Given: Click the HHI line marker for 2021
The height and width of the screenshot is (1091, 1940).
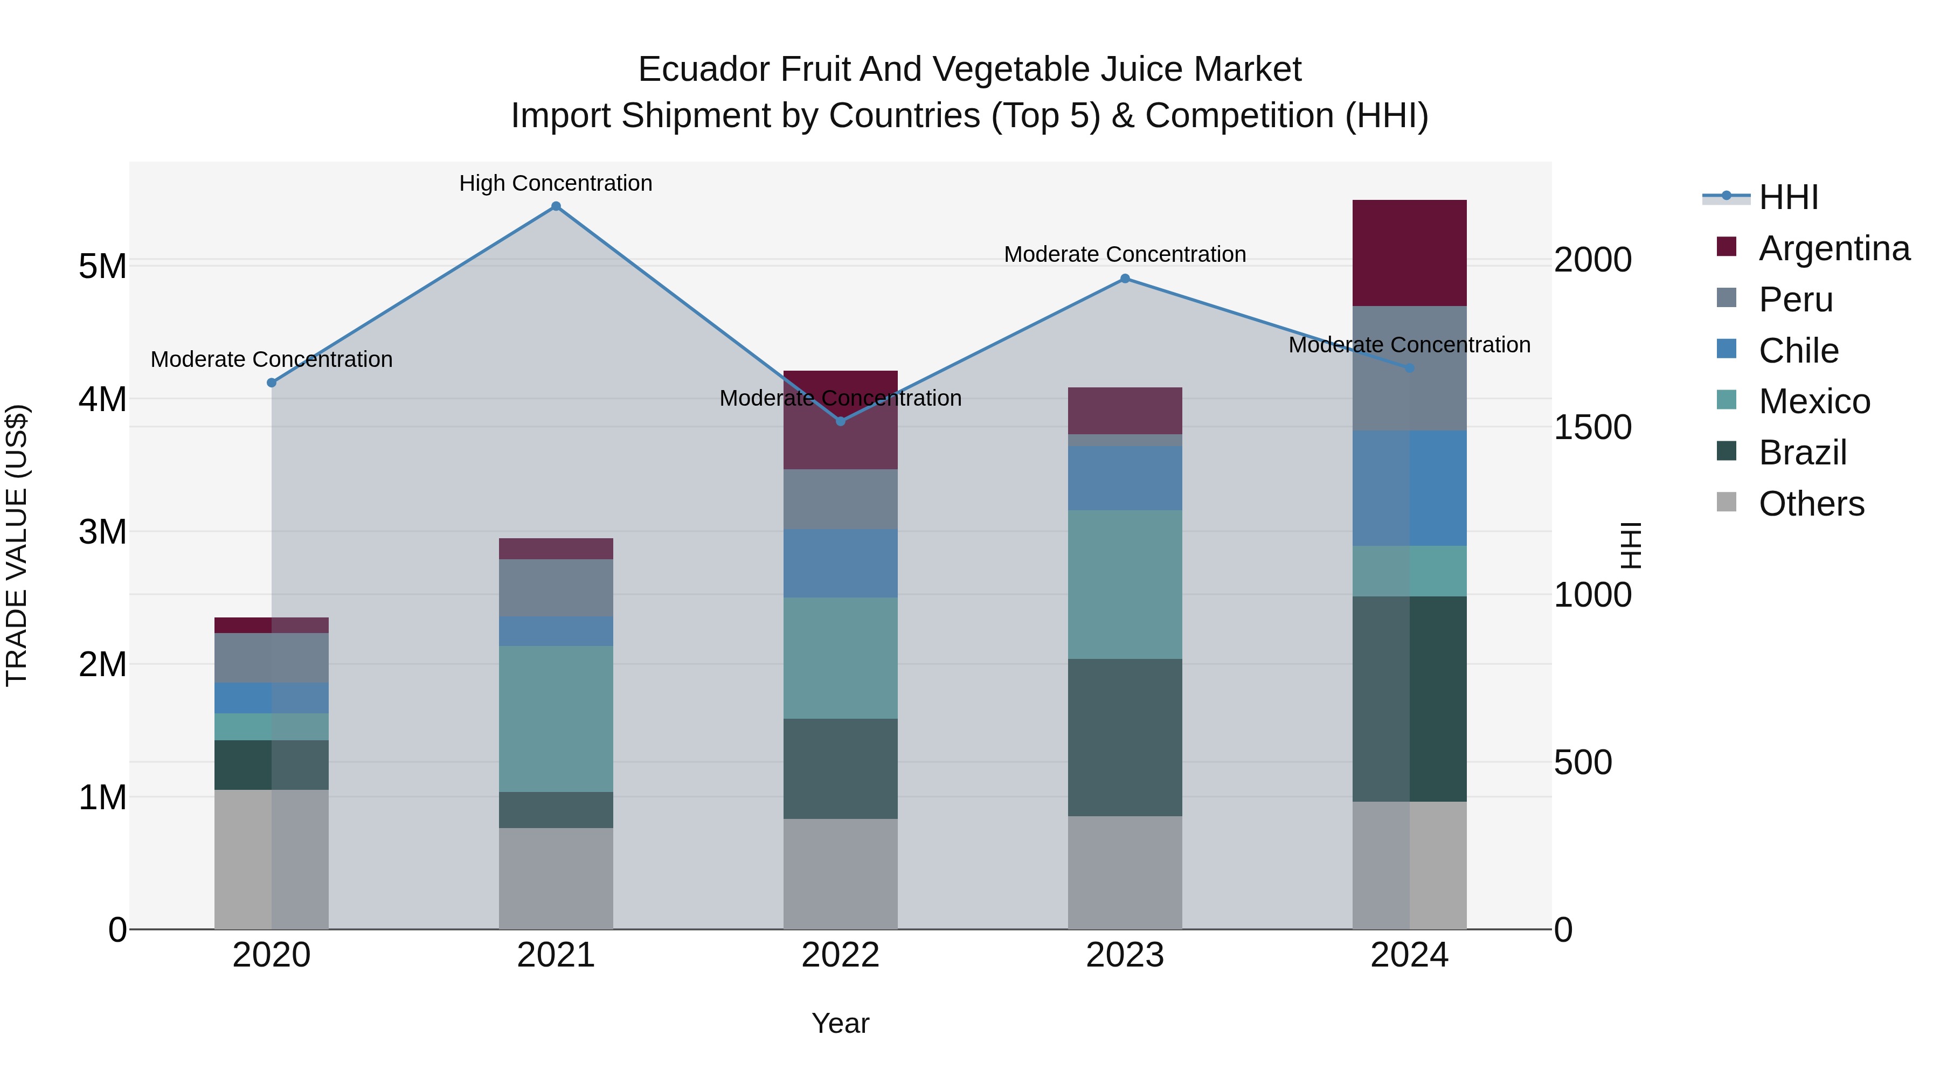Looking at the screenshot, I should click(x=556, y=206).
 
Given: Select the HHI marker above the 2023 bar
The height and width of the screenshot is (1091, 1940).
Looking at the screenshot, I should click(x=1125, y=279).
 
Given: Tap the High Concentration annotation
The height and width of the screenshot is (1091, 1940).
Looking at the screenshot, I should click(x=556, y=183).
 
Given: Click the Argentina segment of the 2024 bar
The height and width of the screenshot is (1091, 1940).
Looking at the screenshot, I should click(x=1409, y=253).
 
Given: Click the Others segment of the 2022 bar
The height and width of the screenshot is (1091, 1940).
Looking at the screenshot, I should click(x=841, y=873).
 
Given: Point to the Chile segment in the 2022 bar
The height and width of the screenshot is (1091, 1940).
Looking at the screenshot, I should click(x=841, y=563).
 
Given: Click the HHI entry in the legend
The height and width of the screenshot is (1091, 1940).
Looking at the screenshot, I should click(x=1788, y=197).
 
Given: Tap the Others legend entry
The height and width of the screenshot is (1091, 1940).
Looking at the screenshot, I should click(x=1811, y=503).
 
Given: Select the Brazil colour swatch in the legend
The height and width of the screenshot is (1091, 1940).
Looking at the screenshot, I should click(x=1726, y=452).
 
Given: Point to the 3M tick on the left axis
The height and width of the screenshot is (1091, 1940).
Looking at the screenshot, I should click(x=102, y=532).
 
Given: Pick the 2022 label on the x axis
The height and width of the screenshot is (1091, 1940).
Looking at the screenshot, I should click(x=841, y=955).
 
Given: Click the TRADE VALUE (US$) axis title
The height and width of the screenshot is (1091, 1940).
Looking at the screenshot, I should click(x=17, y=545).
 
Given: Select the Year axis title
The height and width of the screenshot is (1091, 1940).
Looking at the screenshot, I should click(x=841, y=1023).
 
